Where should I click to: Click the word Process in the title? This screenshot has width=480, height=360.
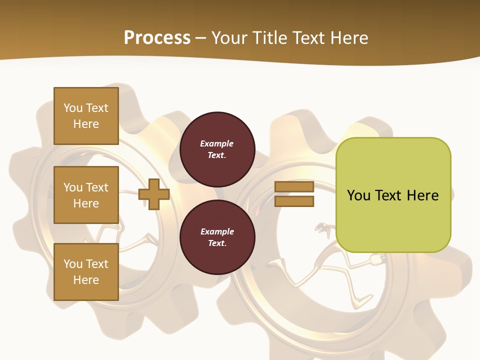pyautogui.click(x=157, y=38)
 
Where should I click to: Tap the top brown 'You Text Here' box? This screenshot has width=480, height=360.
pyautogui.click(x=86, y=116)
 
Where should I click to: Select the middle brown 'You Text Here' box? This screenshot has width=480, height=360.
pyautogui.click(x=86, y=195)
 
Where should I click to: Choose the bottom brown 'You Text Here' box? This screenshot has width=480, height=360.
pyautogui.click(x=86, y=272)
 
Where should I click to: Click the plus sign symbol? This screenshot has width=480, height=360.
pyautogui.click(x=154, y=194)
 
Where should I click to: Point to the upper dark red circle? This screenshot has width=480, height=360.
pyautogui.click(x=217, y=149)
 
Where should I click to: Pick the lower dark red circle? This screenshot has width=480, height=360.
pyautogui.click(x=217, y=237)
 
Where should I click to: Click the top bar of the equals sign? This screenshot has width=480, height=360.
pyautogui.click(x=294, y=187)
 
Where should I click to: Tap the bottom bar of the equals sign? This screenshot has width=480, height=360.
pyautogui.click(x=294, y=201)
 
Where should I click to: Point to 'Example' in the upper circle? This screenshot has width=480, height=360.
pyautogui.click(x=216, y=143)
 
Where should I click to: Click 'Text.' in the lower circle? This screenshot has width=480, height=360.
pyautogui.click(x=216, y=243)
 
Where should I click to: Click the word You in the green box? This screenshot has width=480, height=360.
pyautogui.click(x=359, y=195)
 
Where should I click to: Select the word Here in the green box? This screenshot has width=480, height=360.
pyautogui.click(x=422, y=195)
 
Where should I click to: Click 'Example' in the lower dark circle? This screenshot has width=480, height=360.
pyautogui.click(x=216, y=231)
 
